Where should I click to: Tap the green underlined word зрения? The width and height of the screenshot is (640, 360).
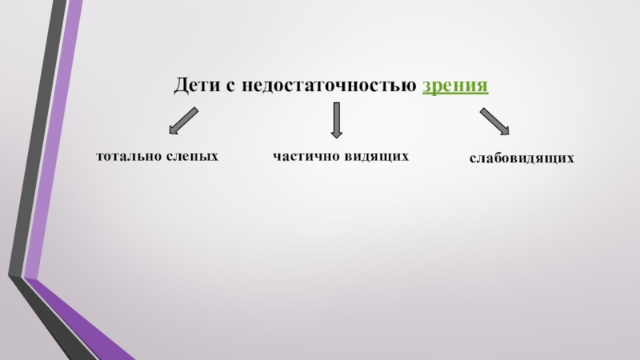455,85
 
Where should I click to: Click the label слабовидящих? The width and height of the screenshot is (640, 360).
522,159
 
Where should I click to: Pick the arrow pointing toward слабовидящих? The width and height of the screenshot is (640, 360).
494,121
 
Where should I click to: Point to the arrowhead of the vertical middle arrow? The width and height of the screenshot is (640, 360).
336,134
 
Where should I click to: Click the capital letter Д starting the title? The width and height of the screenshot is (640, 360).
181,85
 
